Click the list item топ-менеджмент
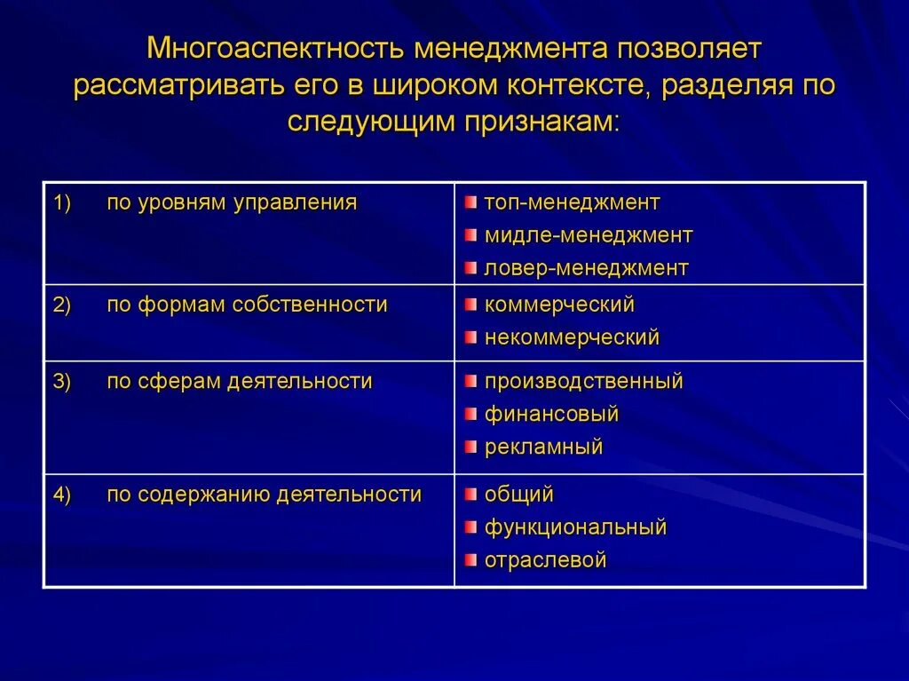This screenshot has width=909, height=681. [x=572, y=202]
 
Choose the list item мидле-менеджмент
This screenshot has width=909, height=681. [x=588, y=235]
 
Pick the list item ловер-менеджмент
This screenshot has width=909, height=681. [x=586, y=268]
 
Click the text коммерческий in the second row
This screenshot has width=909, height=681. [x=559, y=305]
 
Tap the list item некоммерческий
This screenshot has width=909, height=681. [x=572, y=337]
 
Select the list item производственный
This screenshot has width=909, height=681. [x=583, y=382]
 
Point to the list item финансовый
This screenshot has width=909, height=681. [x=551, y=414]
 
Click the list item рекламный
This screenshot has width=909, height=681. [x=543, y=447]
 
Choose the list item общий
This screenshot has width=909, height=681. [x=518, y=495]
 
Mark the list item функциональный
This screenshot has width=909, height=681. [x=575, y=527]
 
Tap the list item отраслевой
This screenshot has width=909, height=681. [x=545, y=560]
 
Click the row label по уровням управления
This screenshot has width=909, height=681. [x=232, y=202]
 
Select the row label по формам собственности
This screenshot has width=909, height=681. [x=247, y=305]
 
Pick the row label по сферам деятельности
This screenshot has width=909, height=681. [x=240, y=382]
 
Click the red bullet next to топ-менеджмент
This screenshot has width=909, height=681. [x=470, y=202]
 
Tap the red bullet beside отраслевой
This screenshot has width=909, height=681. [x=470, y=560]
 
